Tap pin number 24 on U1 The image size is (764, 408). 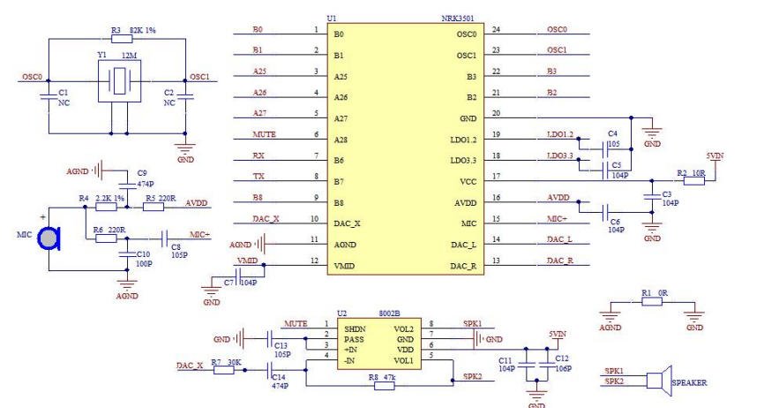pos(496,30)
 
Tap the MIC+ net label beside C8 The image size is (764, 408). pos(201,234)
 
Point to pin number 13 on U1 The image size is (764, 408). pos(496,261)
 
